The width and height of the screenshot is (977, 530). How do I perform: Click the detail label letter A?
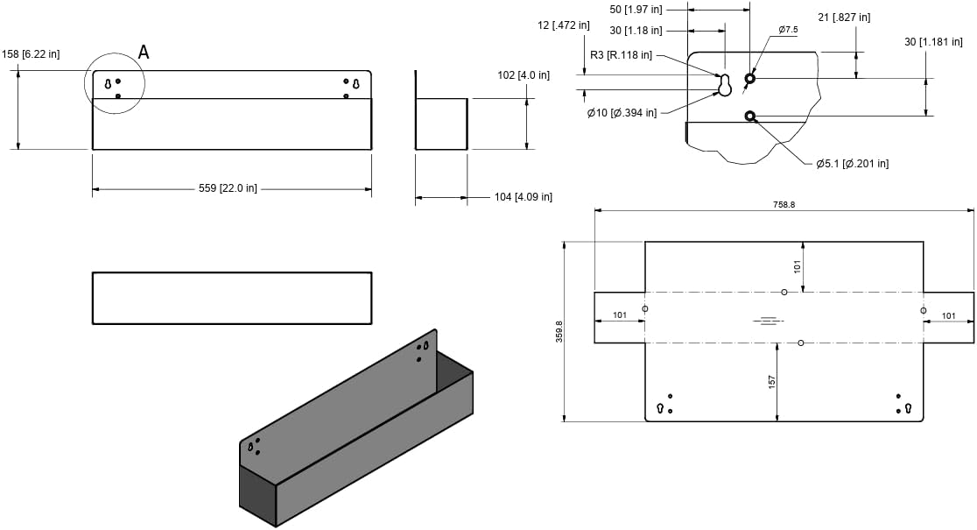coord(144,53)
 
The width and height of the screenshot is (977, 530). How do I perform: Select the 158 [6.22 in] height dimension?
coord(32,54)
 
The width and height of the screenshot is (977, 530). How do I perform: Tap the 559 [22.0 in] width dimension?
coord(228,188)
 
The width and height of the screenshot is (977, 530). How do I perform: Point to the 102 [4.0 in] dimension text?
coord(524,75)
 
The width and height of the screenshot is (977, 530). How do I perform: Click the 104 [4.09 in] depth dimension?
coord(524,197)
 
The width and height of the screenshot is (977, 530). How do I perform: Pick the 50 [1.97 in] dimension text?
coord(636,10)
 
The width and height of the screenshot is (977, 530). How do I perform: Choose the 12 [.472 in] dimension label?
coord(563,25)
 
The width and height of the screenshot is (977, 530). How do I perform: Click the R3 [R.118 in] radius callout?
coord(622,55)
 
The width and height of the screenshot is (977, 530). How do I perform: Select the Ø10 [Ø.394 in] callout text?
coord(622,113)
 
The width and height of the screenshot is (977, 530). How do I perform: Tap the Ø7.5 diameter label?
coord(788,29)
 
